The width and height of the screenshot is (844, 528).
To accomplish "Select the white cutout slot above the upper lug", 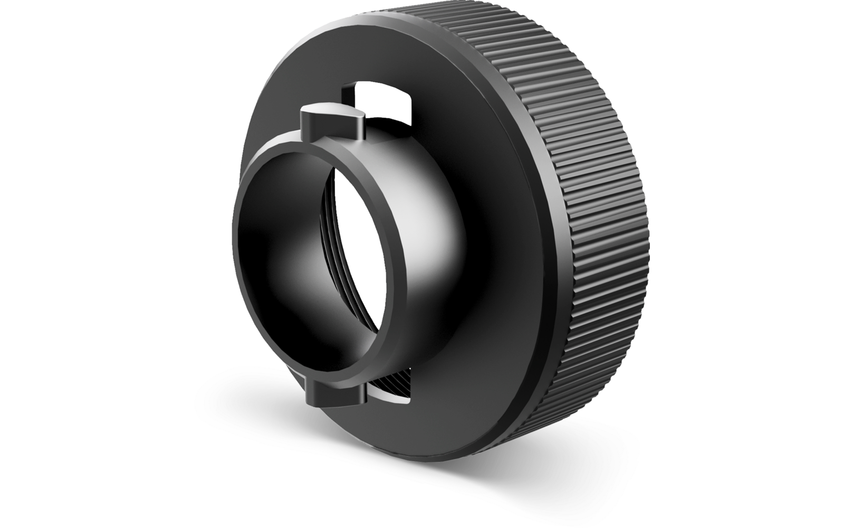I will pyautogui.click(x=382, y=100).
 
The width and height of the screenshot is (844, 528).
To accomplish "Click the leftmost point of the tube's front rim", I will pyautogui.click(x=233, y=227).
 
